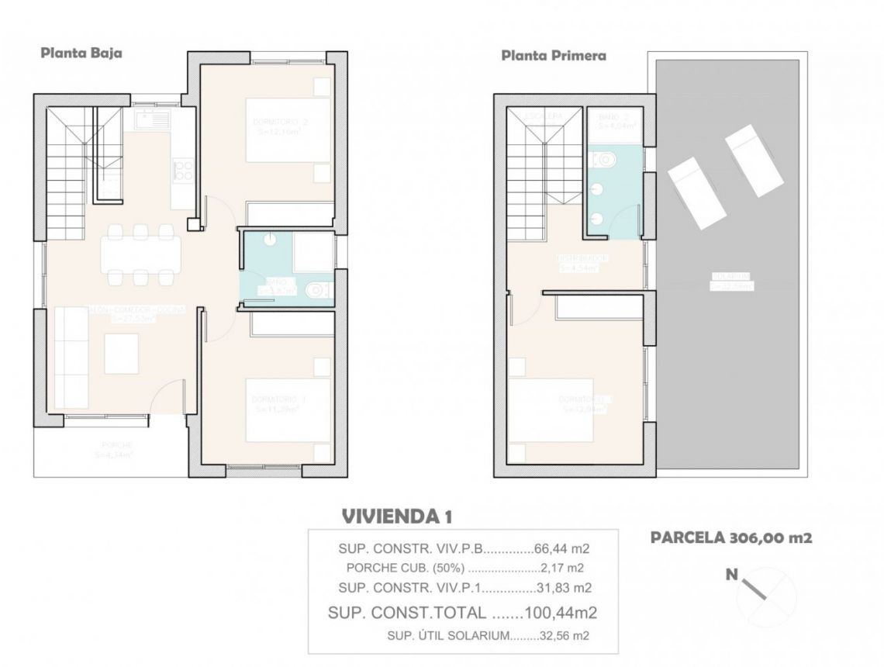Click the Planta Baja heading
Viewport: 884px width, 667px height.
click(81, 54)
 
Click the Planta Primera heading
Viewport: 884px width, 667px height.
click(553, 56)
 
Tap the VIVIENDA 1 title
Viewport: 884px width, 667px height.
click(396, 516)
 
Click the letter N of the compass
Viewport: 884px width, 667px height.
click(730, 575)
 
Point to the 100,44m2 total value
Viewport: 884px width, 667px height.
click(561, 613)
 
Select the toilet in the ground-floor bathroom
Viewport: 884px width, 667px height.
click(316, 291)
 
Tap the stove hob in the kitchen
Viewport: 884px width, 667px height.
click(185, 171)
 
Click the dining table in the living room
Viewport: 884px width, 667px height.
click(141, 253)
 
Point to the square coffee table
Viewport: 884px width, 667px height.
click(122, 353)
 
